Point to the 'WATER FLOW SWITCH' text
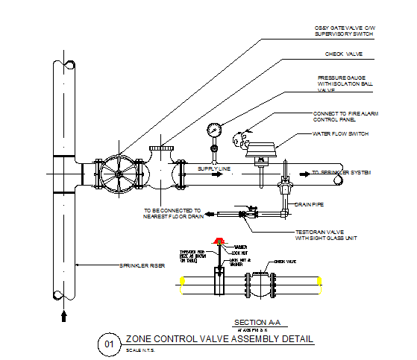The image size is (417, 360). point(341,134)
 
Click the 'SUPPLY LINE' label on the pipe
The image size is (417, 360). point(213,169)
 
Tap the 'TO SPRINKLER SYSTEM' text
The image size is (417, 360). point(341,173)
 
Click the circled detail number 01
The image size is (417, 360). point(108,344)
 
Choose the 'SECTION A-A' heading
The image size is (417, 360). point(255,320)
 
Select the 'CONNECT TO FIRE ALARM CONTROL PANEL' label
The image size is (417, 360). point(340,116)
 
